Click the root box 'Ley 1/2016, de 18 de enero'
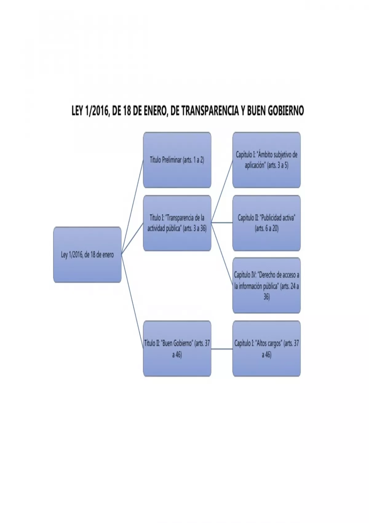pyautogui.click(x=87, y=255)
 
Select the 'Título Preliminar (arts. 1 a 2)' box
pyautogui.click(x=177, y=160)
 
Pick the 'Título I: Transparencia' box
pyautogui.click(x=177, y=223)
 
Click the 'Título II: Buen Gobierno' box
pyautogui.click(x=177, y=349)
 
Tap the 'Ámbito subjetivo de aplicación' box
pyautogui.click(x=266, y=160)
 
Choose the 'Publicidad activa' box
pyautogui.click(x=266, y=223)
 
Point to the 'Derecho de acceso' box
pyautogui.click(x=266, y=285)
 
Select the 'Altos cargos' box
pyautogui.click(x=266, y=349)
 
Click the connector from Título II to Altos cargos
pyautogui.click(x=222, y=349)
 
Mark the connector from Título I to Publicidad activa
pyautogui.click(x=222, y=222)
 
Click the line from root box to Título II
pyautogui.click(x=132, y=301)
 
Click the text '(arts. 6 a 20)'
pyautogui.click(x=267, y=229)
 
